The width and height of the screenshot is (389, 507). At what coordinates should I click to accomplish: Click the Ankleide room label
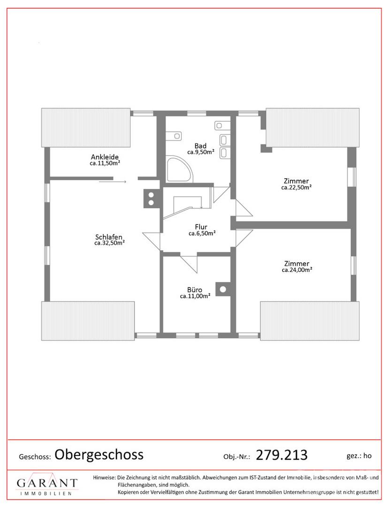point(105,157)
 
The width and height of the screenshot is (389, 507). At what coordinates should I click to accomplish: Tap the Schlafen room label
point(109,237)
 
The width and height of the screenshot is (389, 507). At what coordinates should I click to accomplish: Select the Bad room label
point(201,146)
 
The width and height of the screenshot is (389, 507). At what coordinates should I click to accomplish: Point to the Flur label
point(201,227)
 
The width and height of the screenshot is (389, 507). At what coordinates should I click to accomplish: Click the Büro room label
point(195,290)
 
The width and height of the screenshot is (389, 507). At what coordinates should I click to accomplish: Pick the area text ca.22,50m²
point(296,187)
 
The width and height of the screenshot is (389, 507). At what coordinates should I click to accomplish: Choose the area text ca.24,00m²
point(297,270)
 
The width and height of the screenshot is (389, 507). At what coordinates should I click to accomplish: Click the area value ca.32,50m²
point(109,243)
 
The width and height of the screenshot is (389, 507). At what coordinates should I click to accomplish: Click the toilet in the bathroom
point(175,136)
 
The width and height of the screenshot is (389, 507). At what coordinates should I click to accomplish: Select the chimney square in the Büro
point(223,289)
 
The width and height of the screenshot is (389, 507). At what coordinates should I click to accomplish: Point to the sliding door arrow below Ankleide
point(113,182)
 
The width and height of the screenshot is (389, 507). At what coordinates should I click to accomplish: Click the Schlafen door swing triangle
point(151,240)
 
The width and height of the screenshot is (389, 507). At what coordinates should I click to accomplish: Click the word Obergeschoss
point(99,454)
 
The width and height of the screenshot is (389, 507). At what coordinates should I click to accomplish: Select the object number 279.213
point(282,455)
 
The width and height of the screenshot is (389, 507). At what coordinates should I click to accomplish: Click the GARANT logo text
point(47,484)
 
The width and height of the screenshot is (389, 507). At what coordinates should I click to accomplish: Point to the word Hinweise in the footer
point(104,477)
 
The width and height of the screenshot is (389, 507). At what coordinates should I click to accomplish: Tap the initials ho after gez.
point(367,455)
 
